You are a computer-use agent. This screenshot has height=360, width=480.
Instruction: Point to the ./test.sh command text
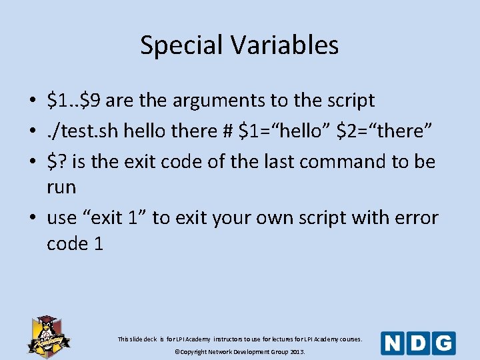pos(79,131)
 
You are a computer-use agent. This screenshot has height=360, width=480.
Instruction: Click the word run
pos(61,187)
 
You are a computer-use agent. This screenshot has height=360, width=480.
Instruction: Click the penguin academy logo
pos(45,335)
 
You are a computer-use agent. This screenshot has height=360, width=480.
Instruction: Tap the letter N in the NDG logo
pos(393,343)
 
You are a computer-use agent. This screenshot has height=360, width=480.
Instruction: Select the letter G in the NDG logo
pos(443,343)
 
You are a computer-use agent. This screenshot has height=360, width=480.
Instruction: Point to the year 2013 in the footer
pos(295,351)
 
